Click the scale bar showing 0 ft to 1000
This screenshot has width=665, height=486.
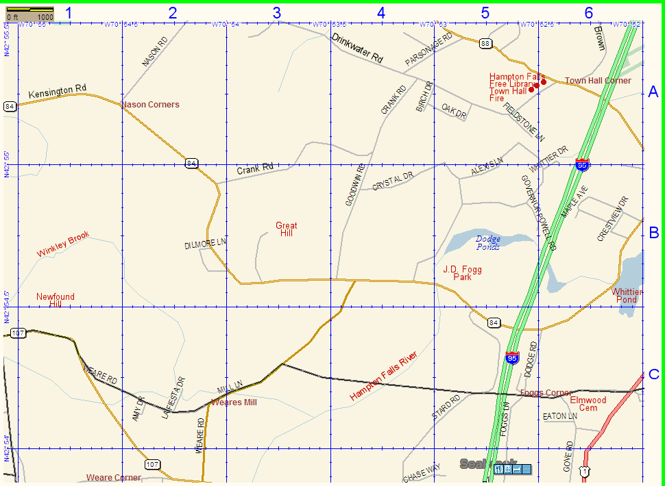(x=29, y=12)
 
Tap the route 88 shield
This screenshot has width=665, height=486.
(x=485, y=44)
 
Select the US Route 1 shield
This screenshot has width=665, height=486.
(x=583, y=471)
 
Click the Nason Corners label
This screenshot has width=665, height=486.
(x=150, y=105)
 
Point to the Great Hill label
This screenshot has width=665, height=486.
(x=287, y=229)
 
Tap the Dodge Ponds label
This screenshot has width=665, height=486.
(x=488, y=242)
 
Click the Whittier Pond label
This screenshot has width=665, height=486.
(x=627, y=296)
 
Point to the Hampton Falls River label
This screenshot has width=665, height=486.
(x=383, y=376)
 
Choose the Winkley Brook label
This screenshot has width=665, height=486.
(x=63, y=244)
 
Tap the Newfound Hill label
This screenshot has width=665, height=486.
(x=56, y=300)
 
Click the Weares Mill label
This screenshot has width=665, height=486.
(x=234, y=402)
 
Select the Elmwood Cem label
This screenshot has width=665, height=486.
(x=588, y=404)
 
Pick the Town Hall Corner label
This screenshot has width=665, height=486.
(x=598, y=81)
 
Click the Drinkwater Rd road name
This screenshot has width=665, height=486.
(x=356, y=49)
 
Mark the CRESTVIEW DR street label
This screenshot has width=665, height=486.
(x=612, y=219)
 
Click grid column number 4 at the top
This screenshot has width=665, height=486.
(x=380, y=12)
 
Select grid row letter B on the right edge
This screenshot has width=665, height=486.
(x=653, y=233)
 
